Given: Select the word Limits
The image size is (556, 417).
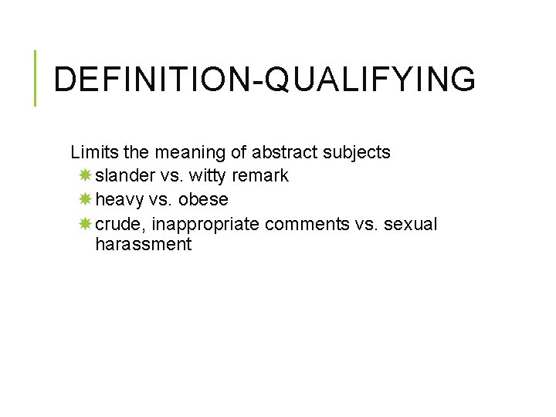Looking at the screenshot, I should point(91,152).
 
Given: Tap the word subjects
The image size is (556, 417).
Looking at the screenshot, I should point(358,152).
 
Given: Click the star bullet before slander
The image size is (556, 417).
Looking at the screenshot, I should point(85,175).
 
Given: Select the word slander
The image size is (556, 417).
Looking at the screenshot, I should point(124,175).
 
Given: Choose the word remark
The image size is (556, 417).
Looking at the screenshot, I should point(260,175).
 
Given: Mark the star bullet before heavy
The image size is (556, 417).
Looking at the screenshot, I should point(85,199).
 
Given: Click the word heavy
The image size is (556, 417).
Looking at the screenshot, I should point(120,199).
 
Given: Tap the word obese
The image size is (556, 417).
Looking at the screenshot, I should point(203,199).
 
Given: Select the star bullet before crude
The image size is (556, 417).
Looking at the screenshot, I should point(85,224).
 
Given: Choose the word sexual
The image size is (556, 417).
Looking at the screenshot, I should point(410,224).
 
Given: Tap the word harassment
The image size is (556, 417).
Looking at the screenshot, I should point(143,245).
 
